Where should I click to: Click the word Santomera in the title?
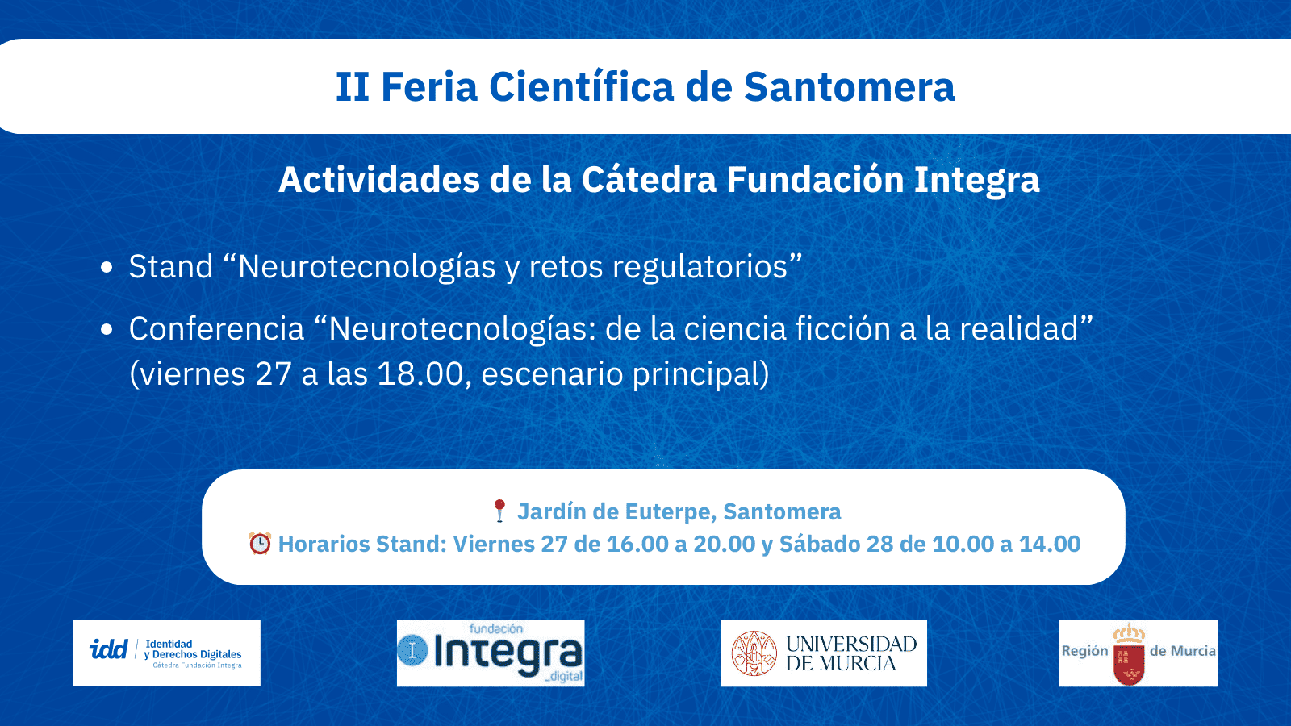pyautogui.click(x=849, y=87)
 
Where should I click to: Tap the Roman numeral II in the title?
pyautogui.click(x=353, y=87)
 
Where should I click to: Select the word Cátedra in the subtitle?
pyautogui.click(x=649, y=179)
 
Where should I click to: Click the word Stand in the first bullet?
pyautogui.click(x=171, y=267)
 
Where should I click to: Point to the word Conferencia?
pyautogui.click(x=216, y=329)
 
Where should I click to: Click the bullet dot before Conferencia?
pyautogui.click(x=107, y=329)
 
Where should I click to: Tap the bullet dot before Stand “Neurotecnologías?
pyautogui.click(x=107, y=268)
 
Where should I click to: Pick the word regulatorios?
pyautogui.click(x=699, y=267)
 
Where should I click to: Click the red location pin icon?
pyautogui.click(x=499, y=511)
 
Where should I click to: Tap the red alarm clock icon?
pyautogui.click(x=260, y=544)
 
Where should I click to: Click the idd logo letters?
pyautogui.click(x=108, y=649)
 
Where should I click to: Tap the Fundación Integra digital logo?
pyautogui.click(x=491, y=653)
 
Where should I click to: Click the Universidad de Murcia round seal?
pyautogui.click(x=754, y=653)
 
